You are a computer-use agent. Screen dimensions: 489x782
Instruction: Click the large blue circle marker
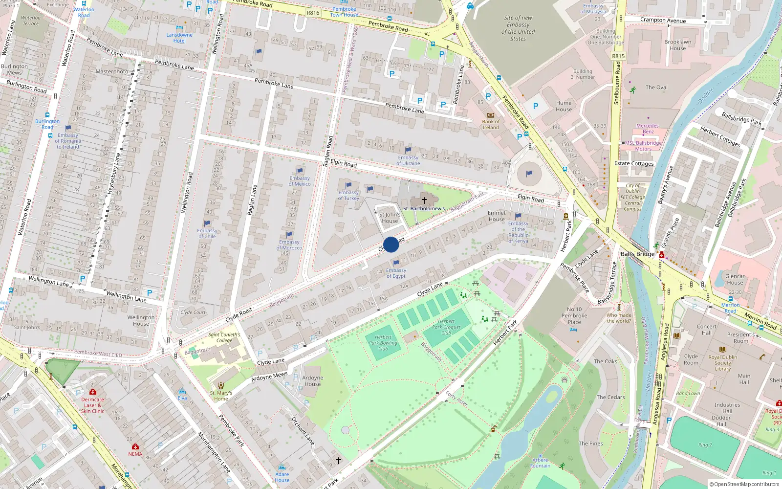point(391,244)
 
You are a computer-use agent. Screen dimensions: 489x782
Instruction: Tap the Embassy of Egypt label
point(396,273)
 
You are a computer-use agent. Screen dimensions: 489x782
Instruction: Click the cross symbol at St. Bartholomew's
point(424,200)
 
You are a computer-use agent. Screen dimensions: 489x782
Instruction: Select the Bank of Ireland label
point(491,125)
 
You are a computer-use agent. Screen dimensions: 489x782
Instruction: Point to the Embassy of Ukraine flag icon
point(408,150)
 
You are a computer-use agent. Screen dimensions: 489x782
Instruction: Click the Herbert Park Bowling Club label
point(383,343)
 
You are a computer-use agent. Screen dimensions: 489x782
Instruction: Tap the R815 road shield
point(618,56)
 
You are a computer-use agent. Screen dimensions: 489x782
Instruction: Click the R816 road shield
point(313,13)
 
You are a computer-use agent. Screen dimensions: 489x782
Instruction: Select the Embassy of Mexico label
point(300,181)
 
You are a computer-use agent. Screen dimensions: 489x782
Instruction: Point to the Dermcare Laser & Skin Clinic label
point(92,405)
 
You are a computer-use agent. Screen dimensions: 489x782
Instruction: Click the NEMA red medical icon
point(135,447)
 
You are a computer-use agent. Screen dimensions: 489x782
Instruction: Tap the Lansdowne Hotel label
point(179,38)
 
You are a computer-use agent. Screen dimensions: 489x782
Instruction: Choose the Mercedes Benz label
point(648,129)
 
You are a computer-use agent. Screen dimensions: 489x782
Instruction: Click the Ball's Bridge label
point(637,254)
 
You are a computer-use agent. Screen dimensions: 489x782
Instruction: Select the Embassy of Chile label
point(207,233)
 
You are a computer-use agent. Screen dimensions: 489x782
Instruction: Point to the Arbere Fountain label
point(540,463)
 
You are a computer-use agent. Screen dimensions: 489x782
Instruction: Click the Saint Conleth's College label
point(224,337)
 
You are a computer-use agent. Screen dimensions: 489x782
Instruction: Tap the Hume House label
point(564,106)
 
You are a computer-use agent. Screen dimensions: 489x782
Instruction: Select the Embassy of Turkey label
point(348,196)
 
